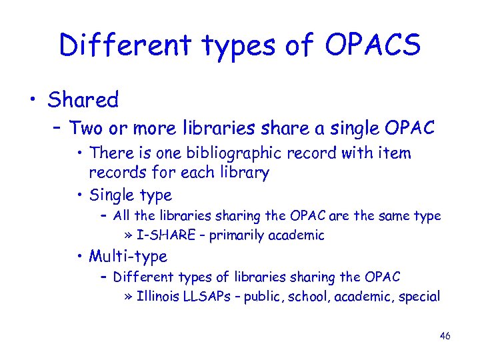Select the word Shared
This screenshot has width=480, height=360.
pos(83,100)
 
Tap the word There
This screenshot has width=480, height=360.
pos(112,153)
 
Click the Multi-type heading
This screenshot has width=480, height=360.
pos(128,255)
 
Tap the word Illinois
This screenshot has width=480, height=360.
pos(158,296)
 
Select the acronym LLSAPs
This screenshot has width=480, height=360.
pos(209,296)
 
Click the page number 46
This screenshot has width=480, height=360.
pos(445,335)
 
